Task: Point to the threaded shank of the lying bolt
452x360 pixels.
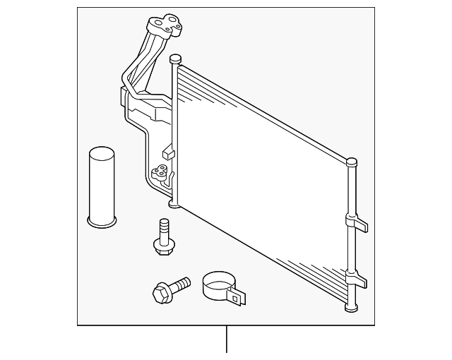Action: click(181, 284)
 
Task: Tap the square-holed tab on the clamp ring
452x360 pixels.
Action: click(239, 298)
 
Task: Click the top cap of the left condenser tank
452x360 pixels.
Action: click(176, 59)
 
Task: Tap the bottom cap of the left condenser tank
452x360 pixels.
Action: click(174, 204)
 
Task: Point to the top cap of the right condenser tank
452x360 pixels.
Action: click(351, 163)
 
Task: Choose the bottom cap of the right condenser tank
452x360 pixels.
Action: click(350, 307)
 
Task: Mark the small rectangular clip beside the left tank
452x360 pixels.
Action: click(167, 152)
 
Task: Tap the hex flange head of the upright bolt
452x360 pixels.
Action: click(163, 246)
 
